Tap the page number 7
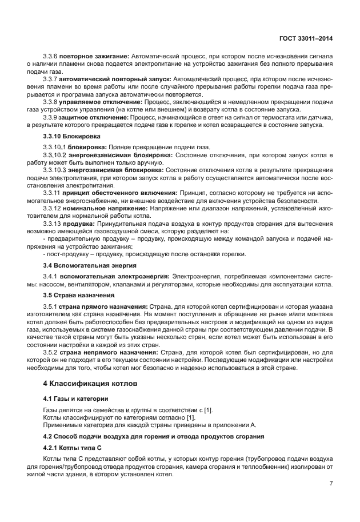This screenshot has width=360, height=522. (331, 483)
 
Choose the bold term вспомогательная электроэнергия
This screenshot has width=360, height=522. (109, 276)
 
